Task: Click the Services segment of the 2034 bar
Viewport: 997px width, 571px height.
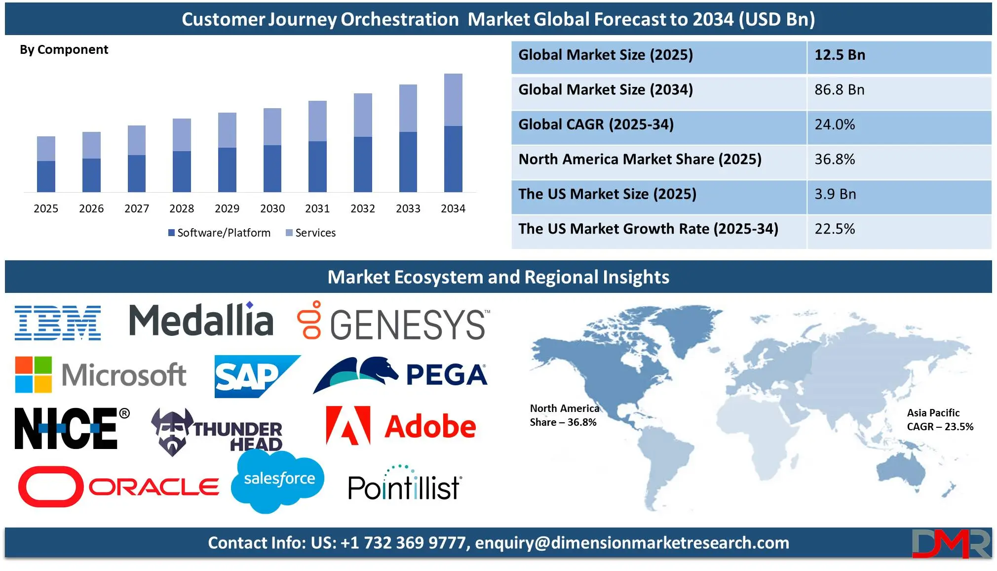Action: [x=453, y=100]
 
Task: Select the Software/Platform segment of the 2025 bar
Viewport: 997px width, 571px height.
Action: [x=46, y=176]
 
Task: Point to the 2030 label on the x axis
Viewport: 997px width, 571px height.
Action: [x=272, y=208]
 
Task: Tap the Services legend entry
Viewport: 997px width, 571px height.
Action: [x=311, y=233]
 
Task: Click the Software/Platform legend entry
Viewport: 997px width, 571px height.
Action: [x=220, y=233]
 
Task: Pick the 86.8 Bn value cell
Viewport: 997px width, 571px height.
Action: [x=840, y=90]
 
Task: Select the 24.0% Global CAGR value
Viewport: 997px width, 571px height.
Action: [x=835, y=124]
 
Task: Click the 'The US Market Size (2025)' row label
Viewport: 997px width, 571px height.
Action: [x=607, y=194]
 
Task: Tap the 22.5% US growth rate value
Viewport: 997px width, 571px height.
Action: [x=835, y=229]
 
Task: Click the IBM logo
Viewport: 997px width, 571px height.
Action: [x=58, y=323]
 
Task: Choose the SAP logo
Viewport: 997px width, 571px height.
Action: [x=257, y=376]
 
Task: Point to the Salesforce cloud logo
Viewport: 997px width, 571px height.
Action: [x=278, y=481]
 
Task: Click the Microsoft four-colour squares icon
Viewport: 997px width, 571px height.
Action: [x=34, y=374]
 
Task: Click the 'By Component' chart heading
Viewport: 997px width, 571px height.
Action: [x=64, y=50]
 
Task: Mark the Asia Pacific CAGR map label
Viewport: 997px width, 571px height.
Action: [x=940, y=420]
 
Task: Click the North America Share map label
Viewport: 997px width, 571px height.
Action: [x=564, y=415]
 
